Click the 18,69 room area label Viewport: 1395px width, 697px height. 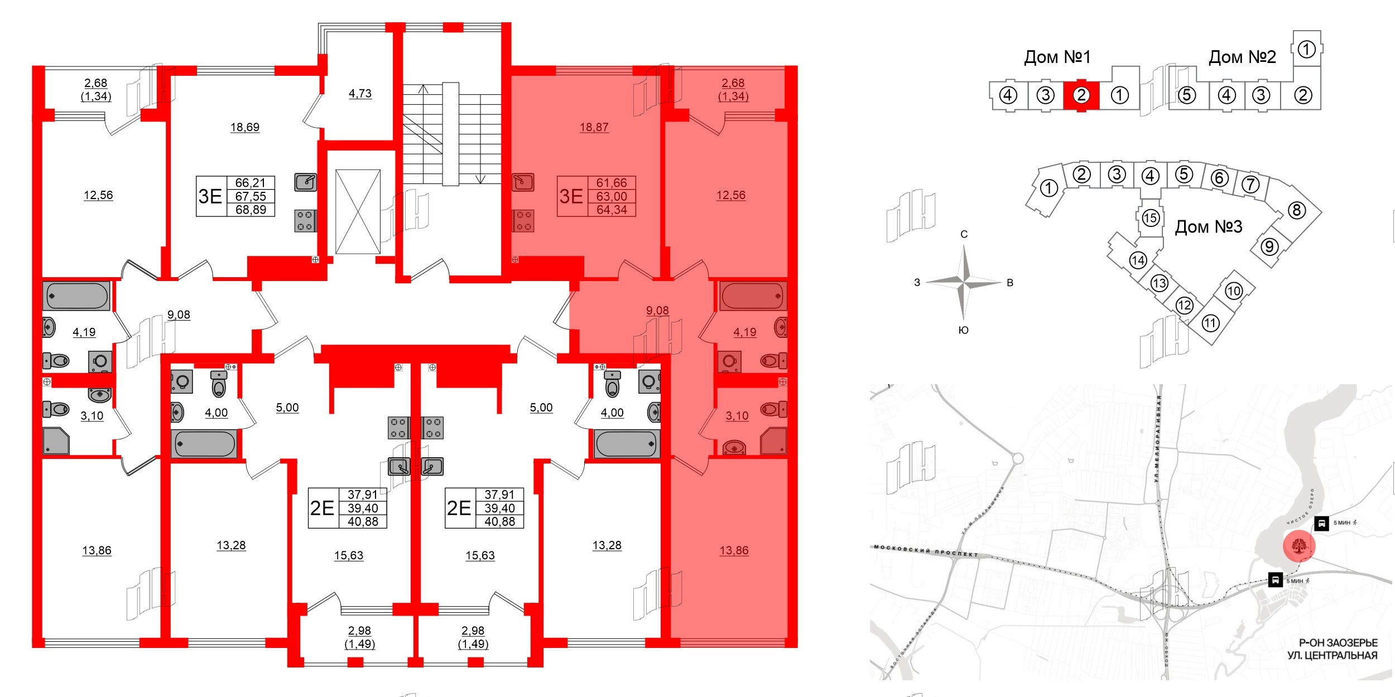coord(245,127)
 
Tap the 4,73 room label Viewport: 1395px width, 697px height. coord(360,94)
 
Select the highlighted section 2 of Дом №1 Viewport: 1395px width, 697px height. coord(1081,95)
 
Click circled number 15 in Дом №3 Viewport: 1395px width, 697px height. coord(1151,217)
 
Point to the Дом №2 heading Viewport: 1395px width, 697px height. coord(1242,57)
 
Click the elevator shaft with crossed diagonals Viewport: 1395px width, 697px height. coord(358,212)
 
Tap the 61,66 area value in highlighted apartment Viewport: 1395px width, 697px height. coord(612,183)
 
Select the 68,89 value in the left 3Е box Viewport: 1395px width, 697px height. coord(251,210)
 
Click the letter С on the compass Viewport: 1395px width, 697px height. coord(964,234)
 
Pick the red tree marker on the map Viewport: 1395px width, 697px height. coord(1299,546)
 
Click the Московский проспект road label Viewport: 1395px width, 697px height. coord(926,550)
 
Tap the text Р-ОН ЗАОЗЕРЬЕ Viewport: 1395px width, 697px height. coord(1338,643)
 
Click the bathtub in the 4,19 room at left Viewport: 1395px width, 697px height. coord(77,296)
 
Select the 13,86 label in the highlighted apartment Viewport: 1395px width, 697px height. coord(734,550)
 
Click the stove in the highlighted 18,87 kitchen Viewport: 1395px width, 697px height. coord(523,220)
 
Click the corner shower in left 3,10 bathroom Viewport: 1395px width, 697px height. coord(56,441)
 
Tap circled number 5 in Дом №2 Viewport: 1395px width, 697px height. coord(1187,95)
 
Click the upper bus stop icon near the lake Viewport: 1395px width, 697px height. coord(1321,523)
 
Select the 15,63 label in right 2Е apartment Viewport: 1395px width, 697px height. coord(480,555)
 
